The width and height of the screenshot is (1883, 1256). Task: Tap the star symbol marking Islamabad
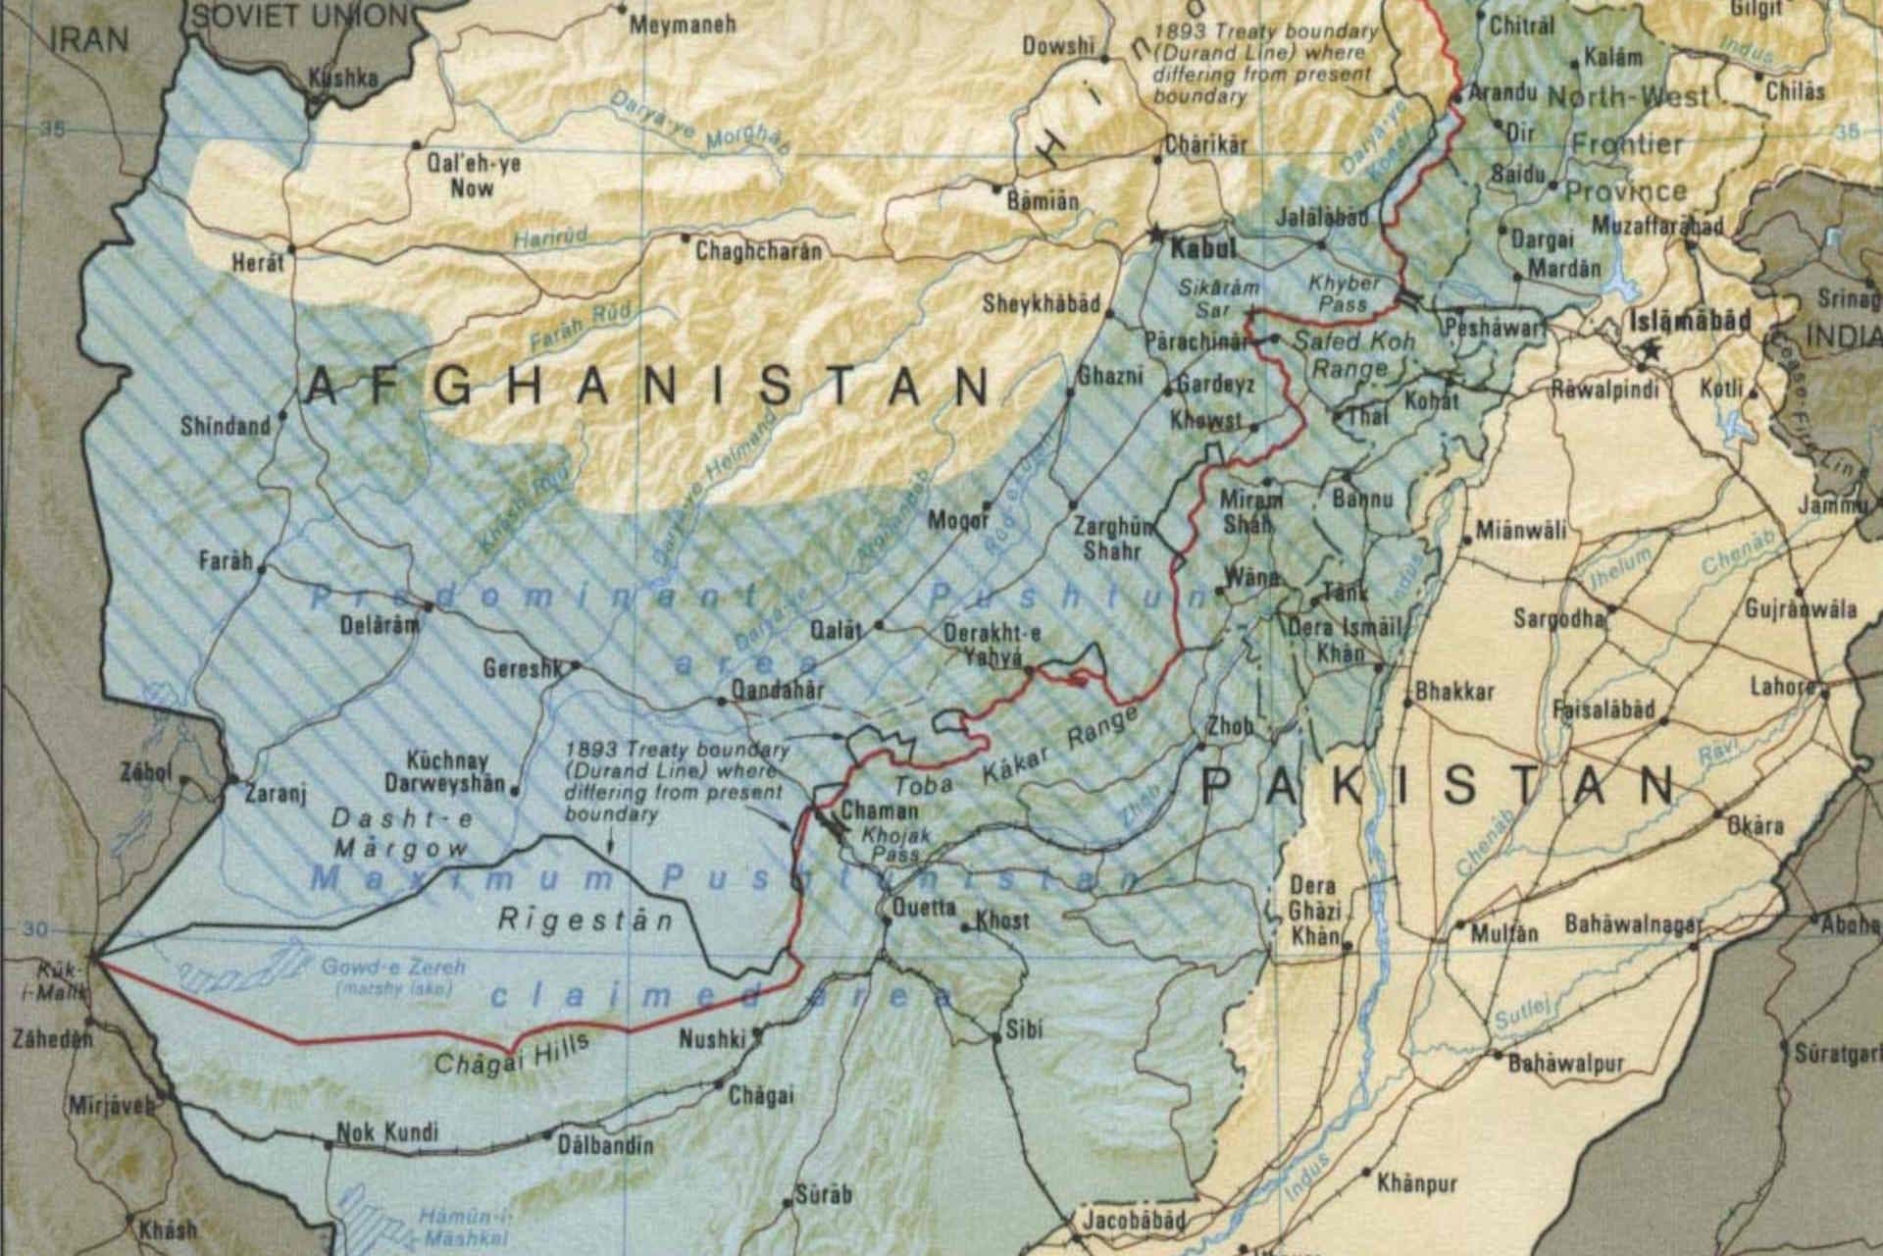(1654, 348)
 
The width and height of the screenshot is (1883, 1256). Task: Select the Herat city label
(257, 263)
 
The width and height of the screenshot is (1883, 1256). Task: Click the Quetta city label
(922, 909)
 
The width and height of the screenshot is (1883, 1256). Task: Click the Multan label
(1503, 932)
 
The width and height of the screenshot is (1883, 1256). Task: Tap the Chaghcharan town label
(758, 252)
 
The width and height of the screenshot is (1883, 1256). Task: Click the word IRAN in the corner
(88, 39)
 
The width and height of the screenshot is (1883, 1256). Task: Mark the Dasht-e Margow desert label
(401, 831)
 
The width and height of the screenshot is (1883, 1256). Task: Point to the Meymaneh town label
(683, 25)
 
